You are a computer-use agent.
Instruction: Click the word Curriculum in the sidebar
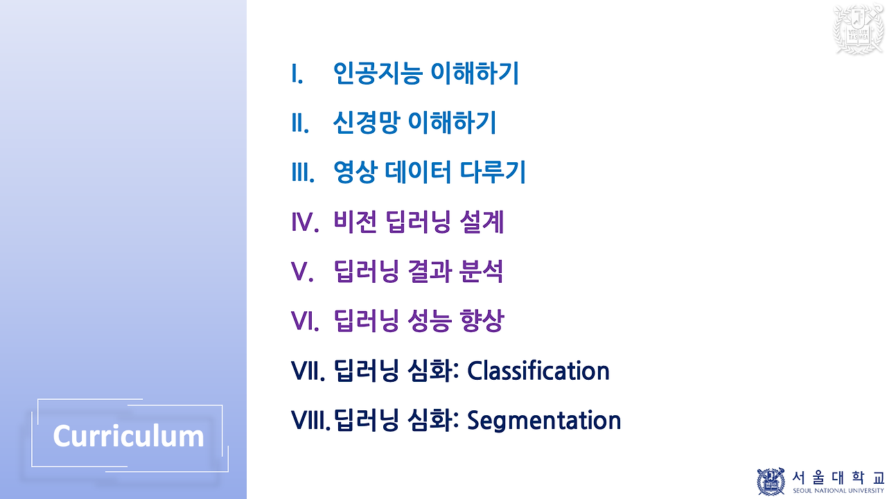pos(128,436)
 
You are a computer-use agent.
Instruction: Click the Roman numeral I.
pos(297,73)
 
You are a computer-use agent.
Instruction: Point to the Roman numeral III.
pos(303,173)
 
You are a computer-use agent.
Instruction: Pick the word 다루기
pos(497,173)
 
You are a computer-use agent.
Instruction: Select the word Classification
pos(538,371)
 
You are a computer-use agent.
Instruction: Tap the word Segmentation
pos(544,420)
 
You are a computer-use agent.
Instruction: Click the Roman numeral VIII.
pos(310,420)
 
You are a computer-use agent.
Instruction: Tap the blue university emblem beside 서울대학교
pos(771,481)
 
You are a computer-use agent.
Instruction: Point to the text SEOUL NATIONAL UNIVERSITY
pos(838,491)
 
